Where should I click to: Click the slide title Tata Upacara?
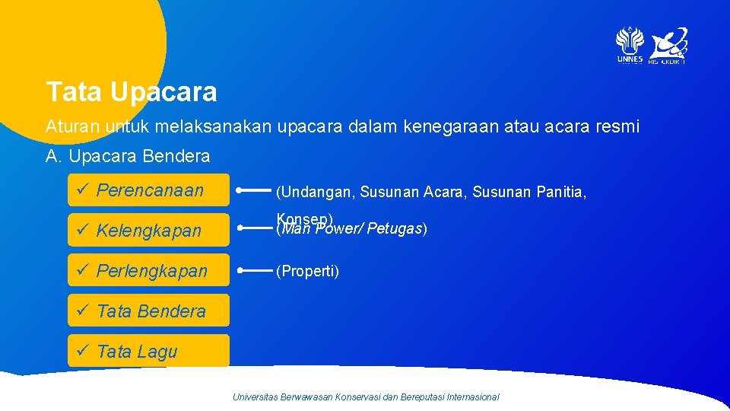pyautogui.click(x=132, y=92)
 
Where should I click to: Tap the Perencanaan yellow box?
pyautogui.click(x=148, y=190)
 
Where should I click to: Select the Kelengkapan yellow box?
pyautogui.click(x=148, y=230)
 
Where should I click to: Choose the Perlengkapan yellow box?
pyautogui.click(x=148, y=270)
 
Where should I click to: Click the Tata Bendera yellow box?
pyautogui.click(x=148, y=311)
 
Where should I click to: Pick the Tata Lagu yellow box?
pyautogui.click(x=148, y=351)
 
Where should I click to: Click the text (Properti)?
pyautogui.click(x=307, y=271)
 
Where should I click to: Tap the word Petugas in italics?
pyautogui.click(x=395, y=228)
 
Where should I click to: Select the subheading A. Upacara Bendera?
pyautogui.click(x=128, y=156)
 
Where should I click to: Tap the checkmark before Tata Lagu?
pyautogui.click(x=81, y=350)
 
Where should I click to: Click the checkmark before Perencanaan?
pyautogui.click(x=81, y=190)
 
